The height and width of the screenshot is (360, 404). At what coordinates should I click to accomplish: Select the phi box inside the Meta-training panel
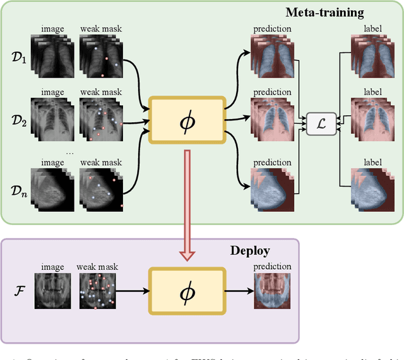pos(186,120)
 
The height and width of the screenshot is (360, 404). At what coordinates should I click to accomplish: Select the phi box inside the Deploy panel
pos(186,291)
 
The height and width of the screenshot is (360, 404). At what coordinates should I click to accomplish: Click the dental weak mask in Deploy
pos(98,291)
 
